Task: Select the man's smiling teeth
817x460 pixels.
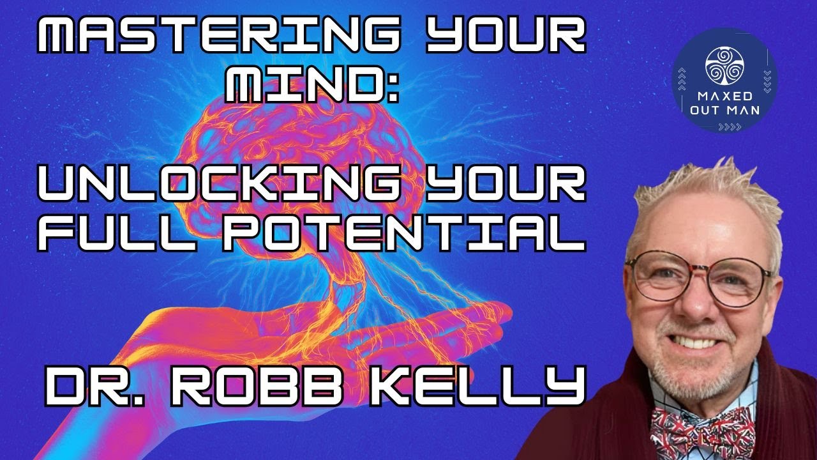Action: [x=702, y=341]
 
